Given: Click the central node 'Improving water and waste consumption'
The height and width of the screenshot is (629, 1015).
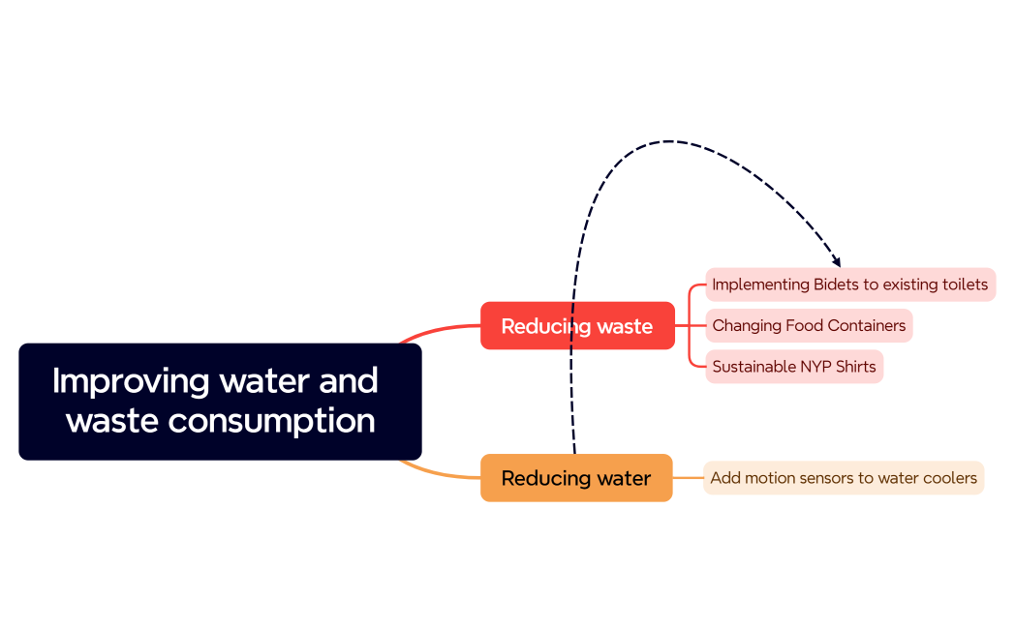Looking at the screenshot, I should point(220,401).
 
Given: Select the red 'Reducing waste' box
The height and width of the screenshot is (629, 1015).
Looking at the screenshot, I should point(577,326).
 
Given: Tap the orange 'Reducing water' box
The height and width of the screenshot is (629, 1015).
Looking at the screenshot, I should point(576,478).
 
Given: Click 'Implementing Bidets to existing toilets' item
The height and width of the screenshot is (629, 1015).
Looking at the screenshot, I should point(849,285).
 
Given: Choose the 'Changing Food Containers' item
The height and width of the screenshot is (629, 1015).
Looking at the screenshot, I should point(809,325).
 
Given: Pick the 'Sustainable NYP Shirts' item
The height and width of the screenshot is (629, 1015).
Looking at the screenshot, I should point(793,367).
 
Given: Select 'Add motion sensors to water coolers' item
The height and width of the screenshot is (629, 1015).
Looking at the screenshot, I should point(843,478).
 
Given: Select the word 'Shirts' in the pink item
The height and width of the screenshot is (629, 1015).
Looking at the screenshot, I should point(854,367).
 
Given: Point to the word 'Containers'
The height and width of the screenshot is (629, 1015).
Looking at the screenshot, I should point(866,325).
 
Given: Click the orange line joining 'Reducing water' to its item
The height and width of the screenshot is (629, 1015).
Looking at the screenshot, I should point(688,478).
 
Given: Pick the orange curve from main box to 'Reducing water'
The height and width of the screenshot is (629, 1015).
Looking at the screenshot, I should point(441,474).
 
